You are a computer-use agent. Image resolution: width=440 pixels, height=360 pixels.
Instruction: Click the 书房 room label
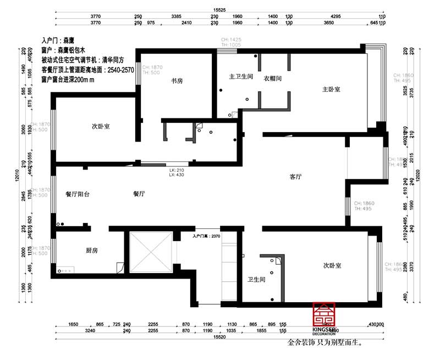(177, 81)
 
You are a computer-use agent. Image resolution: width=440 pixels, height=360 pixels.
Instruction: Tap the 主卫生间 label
(240, 77)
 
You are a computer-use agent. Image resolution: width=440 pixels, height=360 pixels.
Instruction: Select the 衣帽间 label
(272, 78)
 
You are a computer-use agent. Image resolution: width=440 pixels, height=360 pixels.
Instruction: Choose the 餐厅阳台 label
(77, 194)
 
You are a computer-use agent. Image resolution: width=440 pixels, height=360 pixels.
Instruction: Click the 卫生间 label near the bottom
(256, 280)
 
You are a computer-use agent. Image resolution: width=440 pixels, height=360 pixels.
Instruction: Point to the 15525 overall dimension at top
(220, 10)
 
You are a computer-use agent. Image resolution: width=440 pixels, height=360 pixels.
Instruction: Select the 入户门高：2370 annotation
(206, 236)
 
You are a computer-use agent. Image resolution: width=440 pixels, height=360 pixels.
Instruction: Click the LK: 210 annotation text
(176, 170)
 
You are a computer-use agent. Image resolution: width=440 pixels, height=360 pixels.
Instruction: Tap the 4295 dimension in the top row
(337, 17)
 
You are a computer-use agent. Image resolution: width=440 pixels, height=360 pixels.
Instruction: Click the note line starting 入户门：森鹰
(58, 41)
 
